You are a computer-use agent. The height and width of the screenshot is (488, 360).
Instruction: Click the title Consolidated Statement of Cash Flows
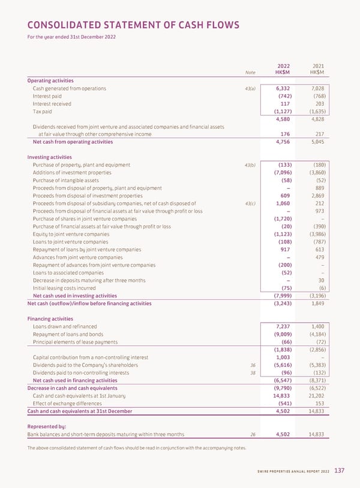tap(133, 25)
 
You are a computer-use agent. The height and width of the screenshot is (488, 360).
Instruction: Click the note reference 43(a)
tap(250, 89)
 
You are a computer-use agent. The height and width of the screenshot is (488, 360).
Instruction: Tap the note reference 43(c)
tap(250, 203)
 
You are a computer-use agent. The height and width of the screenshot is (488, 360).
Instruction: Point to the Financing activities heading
tap(51, 319)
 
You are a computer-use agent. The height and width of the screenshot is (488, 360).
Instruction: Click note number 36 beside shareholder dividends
tap(253, 365)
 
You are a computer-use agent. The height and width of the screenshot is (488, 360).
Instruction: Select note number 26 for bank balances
tap(253, 435)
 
